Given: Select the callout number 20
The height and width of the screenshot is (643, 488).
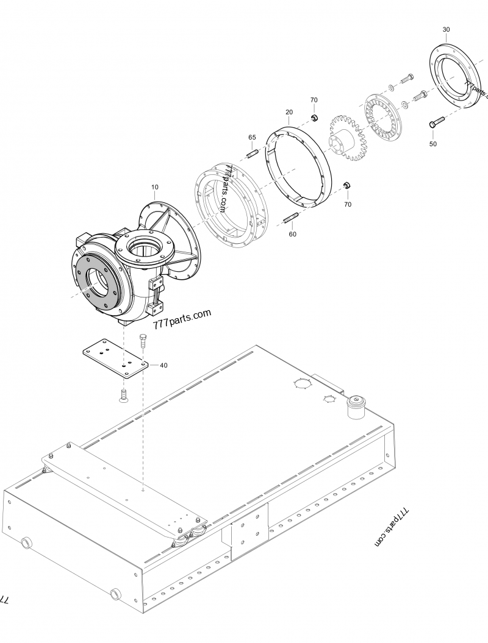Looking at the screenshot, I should coord(289,112).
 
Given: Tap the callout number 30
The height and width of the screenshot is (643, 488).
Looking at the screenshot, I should coord(446,29).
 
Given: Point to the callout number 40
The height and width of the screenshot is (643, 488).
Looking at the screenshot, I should coord(163,365).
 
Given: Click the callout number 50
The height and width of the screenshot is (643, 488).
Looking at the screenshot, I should coord(433,144).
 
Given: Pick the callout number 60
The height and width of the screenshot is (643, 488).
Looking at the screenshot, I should coord(292,234).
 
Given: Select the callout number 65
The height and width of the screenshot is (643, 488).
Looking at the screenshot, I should coord(252,137).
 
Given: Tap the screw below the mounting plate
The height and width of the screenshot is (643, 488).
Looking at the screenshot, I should coord(122,396).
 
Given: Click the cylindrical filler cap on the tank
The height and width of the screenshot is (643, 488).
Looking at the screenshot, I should coord(355,407).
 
